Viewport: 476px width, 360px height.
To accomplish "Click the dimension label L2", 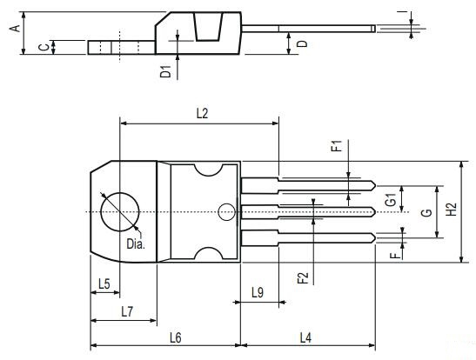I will click(x=202, y=113).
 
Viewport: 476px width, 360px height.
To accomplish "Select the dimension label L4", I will click(x=308, y=337).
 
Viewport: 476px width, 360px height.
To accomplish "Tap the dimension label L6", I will click(x=175, y=337).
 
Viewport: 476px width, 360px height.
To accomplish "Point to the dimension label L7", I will click(x=127, y=310).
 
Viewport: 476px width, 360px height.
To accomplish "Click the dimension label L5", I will click(x=104, y=283).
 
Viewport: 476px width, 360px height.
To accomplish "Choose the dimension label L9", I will click(x=258, y=292).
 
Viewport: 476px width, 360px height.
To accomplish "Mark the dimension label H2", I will click(x=450, y=210).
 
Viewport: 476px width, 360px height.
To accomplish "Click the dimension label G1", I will click(x=392, y=199).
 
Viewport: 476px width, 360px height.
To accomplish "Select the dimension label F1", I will click(x=337, y=146).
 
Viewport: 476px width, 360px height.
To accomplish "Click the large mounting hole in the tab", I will click(x=119, y=210).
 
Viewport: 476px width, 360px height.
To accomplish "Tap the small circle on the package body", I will click(x=226, y=210).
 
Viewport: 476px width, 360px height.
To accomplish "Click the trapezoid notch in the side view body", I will click(x=207, y=28).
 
